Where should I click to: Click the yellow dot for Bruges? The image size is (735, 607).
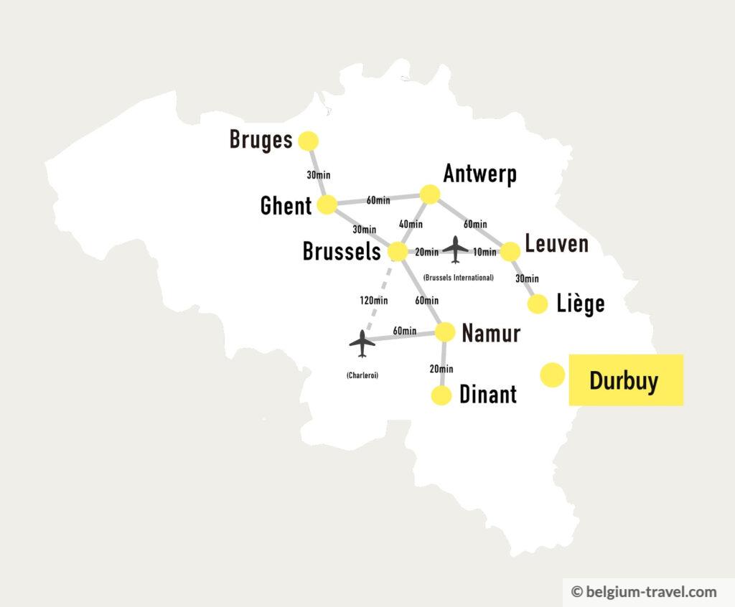point(308,141)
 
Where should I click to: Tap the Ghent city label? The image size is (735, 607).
point(286,206)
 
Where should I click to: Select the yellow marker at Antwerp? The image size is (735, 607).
point(430,194)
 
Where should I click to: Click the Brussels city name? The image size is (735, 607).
point(341,251)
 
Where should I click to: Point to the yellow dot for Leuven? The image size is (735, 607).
point(510,252)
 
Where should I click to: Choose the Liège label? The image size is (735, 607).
point(581,303)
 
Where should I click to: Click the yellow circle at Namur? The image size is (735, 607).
point(445,331)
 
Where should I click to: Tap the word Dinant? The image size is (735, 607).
point(487,395)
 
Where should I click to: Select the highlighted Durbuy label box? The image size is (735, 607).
point(624,380)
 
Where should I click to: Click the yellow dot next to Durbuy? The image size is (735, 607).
point(552,375)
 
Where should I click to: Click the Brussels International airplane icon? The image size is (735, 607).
point(456,250)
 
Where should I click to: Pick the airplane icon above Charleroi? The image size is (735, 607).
point(362,344)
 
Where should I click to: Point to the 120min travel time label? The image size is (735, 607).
point(373,301)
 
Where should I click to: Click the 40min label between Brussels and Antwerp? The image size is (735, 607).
point(410,225)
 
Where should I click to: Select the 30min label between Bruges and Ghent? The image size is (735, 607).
point(319,174)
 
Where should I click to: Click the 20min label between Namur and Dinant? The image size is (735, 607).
point(441,369)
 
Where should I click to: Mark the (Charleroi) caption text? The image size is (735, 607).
point(362,375)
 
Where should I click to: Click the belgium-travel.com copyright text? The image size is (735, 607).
point(644,592)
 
